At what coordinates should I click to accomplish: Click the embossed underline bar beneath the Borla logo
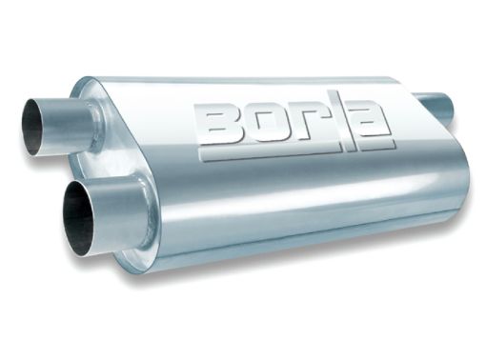[x=295, y=153]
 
